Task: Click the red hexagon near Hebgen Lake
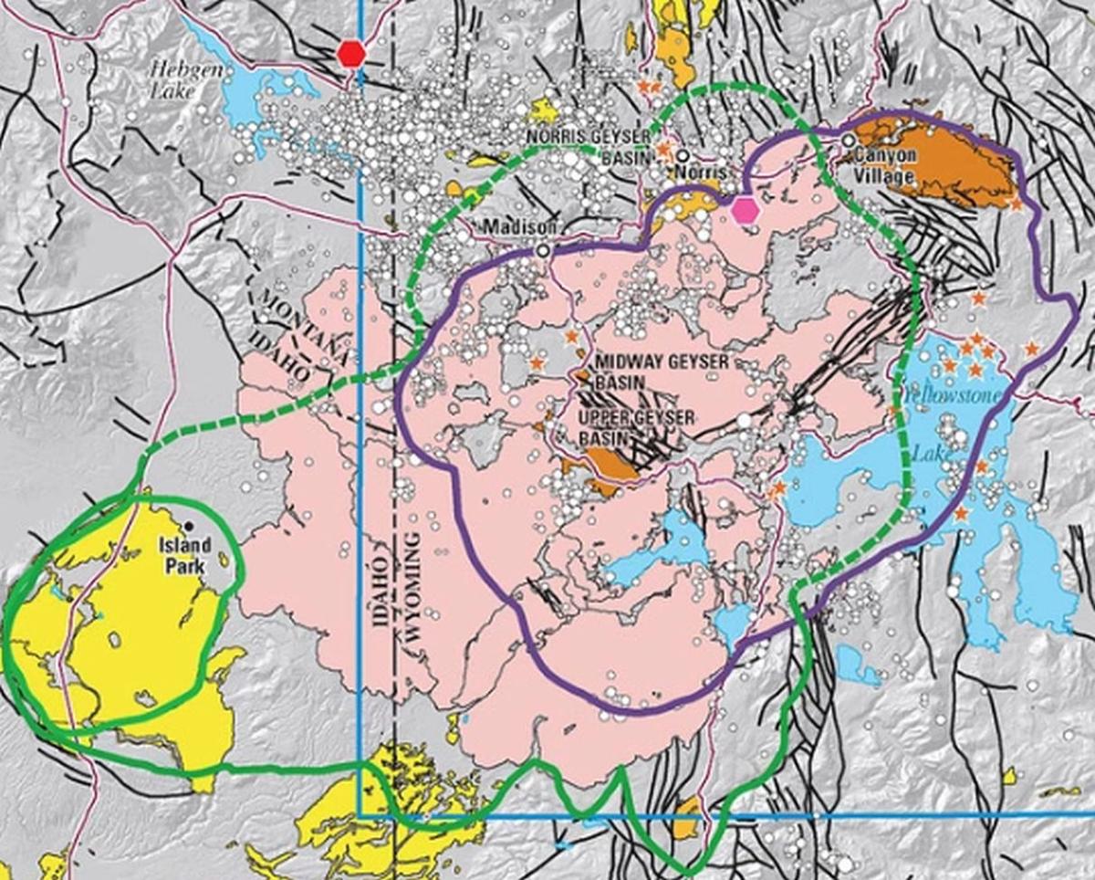(350, 53)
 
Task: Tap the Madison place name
(507, 226)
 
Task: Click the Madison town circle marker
(544, 249)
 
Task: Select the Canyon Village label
(885, 163)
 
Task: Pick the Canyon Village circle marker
(849, 141)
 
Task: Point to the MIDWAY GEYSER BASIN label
(662, 372)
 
